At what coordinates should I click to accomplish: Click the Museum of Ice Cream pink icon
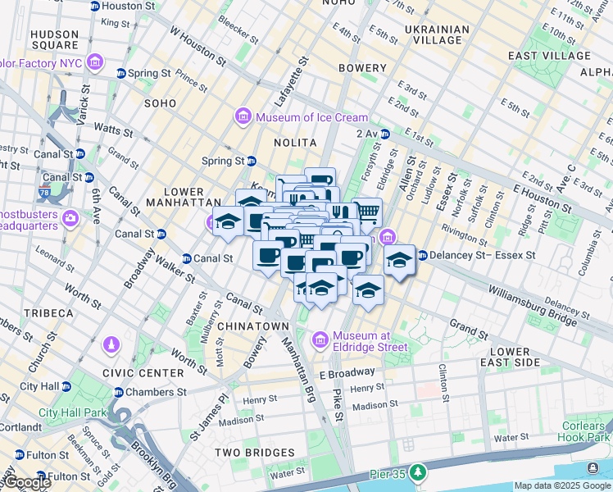click(x=243, y=117)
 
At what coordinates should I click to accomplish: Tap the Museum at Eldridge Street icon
click(x=320, y=339)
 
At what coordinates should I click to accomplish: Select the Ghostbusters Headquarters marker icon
click(x=71, y=217)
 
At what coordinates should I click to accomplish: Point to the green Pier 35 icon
click(x=419, y=472)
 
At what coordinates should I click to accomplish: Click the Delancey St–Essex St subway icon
click(x=422, y=256)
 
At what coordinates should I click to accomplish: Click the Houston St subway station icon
click(x=94, y=6)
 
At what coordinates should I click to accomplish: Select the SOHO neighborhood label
click(x=160, y=103)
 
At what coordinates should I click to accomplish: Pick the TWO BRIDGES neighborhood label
click(x=254, y=453)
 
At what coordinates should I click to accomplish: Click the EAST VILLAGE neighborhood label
click(x=548, y=56)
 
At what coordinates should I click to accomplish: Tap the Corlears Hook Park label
click(x=583, y=431)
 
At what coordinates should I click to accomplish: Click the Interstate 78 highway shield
click(x=43, y=194)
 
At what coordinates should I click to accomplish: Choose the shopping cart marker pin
click(x=367, y=212)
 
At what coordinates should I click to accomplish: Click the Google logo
click(x=26, y=482)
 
